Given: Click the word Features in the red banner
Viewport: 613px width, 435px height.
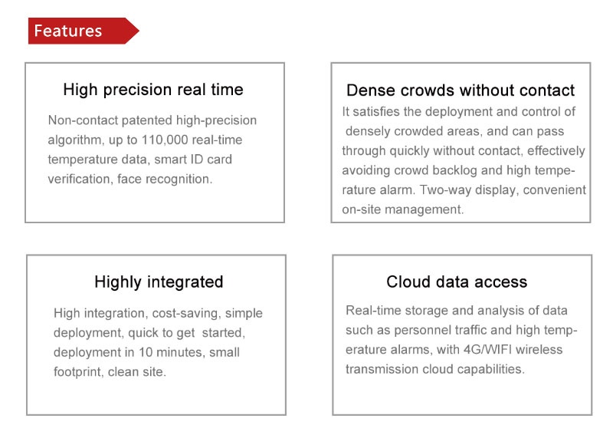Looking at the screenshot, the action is tap(68, 31).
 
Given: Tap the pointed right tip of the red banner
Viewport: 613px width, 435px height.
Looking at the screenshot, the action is tap(139, 31).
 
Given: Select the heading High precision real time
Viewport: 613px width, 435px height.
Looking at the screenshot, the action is tap(153, 90).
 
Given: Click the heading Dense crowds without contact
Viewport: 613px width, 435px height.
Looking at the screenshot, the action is tap(461, 90).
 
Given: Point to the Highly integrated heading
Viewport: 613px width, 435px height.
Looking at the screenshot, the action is tap(159, 282).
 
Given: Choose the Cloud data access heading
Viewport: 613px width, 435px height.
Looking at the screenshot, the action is tap(457, 282).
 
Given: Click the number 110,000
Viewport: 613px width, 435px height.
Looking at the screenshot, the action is tap(165, 140).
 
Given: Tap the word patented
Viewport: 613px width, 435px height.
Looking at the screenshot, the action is tap(147, 120).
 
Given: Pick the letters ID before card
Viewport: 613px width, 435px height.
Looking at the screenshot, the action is tap(198, 160).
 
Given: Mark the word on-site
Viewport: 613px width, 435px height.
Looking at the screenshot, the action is tap(362, 209).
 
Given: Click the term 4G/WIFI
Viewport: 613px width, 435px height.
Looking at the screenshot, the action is tap(487, 349).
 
